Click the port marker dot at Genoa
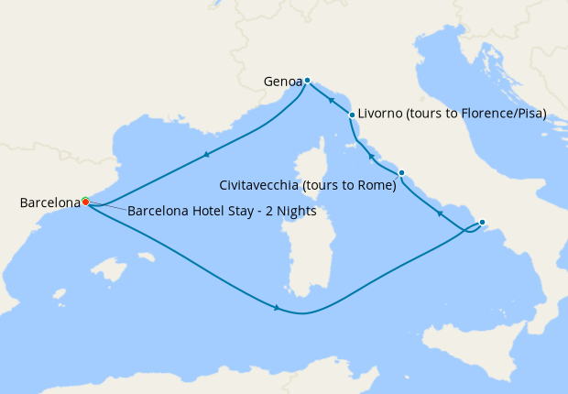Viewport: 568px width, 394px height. pos(308,80)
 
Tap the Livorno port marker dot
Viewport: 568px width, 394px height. pos(352,115)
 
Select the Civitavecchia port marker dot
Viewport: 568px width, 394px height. pos(401,172)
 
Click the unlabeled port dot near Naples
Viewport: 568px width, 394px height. pos(482,222)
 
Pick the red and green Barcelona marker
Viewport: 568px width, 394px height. pos(84,201)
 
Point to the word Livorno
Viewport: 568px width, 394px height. pos(382,115)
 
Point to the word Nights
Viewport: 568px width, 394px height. pos(295,211)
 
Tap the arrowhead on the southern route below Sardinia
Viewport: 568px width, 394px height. pos(277,308)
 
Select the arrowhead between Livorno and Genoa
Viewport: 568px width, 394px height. pos(330,98)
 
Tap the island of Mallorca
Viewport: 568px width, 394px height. pos(109,270)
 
